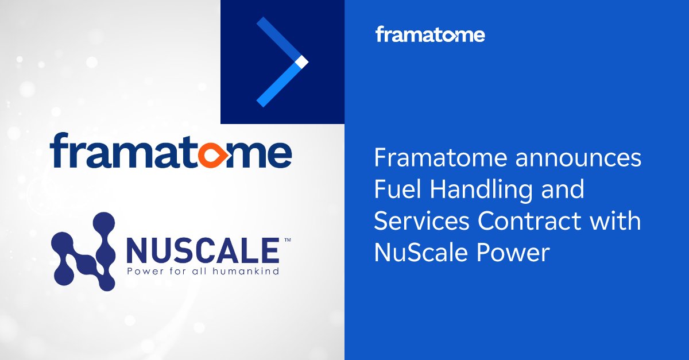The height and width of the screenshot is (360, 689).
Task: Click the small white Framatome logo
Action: pyautogui.click(x=430, y=35)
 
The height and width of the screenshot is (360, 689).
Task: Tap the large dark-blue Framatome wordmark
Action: pyautogui.click(x=171, y=150)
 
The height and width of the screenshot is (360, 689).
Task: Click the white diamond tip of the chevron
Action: pyautogui.click(x=302, y=61)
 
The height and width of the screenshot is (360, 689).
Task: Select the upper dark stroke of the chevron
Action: pyautogui.click(x=278, y=39)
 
